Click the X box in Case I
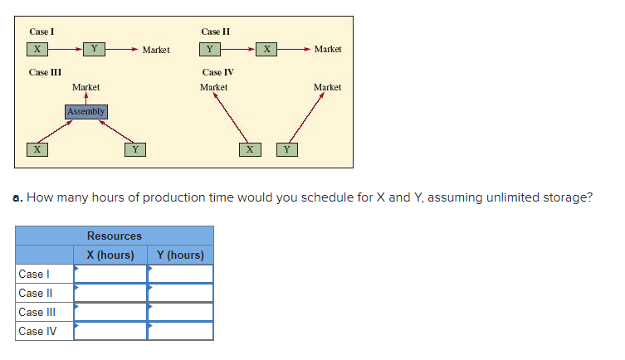pyautogui.click(x=37, y=49)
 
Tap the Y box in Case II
pyautogui.click(x=212, y=49)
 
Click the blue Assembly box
pyautogui.click(x=85, y=111)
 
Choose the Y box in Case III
pyautogui.click(x=135, y=149)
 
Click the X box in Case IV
pyautogui.click(x=248, y=149)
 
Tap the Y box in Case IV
pyautogui.click(x=286, y=149)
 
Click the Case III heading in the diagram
pyautogui.click(x=44, y=72)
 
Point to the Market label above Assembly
pyautogui.click(x=85, y=87)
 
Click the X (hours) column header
pyautogui.click(x=110, y=255)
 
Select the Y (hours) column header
pyautogui.click(x=180, y=255)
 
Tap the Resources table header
pyautogui.click(x=115, y=236)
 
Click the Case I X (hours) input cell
pyautogui.click(x=110, y=274)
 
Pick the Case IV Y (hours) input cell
pyautogui.click(x=180, y=331)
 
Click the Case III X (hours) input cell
pyautogui.click(x=110, y=312)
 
